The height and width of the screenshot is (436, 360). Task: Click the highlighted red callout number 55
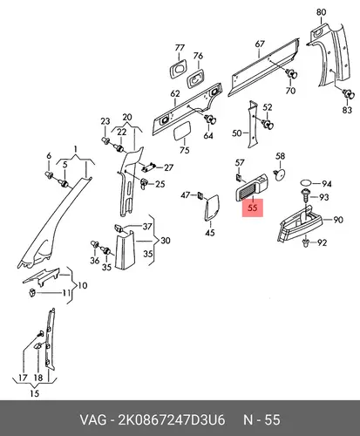253,208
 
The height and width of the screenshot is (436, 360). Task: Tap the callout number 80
321,12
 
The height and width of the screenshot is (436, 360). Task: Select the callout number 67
260,44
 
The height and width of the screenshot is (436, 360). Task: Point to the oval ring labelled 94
306,183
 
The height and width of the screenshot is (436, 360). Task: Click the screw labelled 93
306,196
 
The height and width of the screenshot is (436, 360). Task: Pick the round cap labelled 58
280,174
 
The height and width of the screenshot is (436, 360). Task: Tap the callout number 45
210,232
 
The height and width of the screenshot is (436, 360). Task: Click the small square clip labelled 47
200,195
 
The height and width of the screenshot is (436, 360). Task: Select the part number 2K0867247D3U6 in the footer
171,420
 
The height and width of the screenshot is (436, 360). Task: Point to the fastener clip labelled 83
349,94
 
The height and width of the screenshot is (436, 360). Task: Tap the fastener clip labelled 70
291,73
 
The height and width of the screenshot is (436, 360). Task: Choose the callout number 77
180,48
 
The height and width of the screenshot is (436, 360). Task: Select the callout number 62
175,93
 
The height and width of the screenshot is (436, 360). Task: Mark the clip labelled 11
32,292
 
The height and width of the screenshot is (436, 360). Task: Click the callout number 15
34,393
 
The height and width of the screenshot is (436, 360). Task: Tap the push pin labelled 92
305,243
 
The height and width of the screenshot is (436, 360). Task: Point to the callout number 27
168,167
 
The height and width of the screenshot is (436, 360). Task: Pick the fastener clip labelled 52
268,124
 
